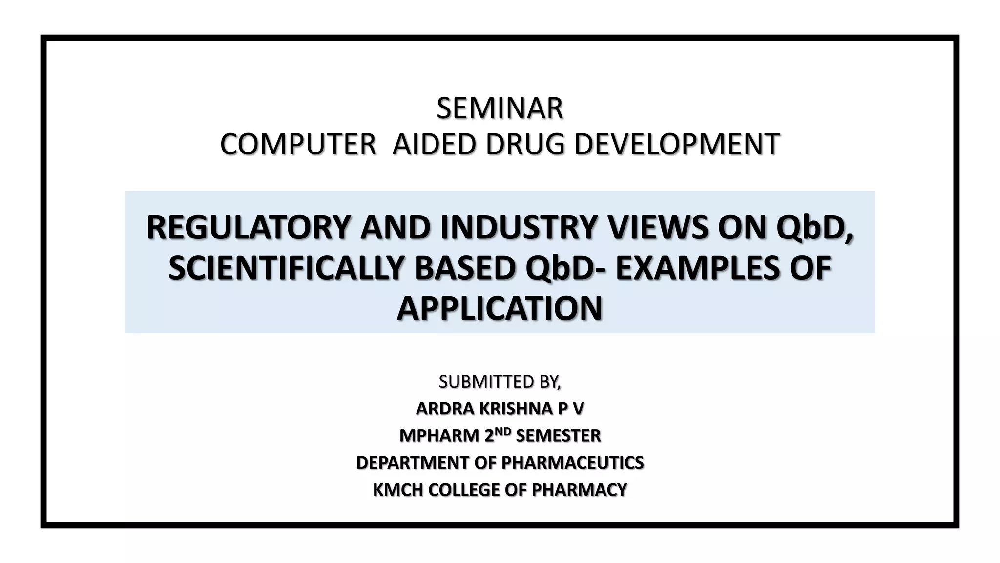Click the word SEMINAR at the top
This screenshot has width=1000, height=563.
click(500, 108)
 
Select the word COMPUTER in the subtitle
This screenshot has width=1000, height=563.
click(298, 145)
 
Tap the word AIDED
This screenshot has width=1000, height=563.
click(434, 145)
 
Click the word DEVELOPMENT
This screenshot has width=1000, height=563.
click(677, 145)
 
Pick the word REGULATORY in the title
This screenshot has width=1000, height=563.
click(249, 228)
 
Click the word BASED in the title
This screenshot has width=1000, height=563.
click(464, 268)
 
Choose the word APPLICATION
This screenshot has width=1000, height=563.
click(500, 309)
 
